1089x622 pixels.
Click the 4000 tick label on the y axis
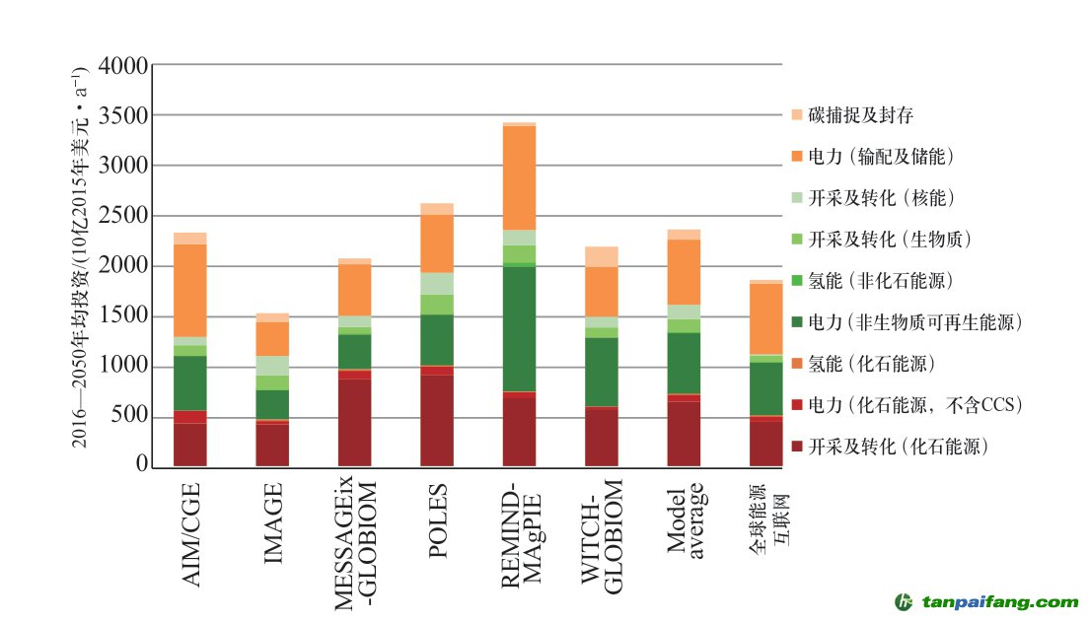[x=123, y=66]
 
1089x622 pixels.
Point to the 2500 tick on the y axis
[x=123, y=217]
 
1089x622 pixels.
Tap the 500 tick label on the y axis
[x=129, y=417]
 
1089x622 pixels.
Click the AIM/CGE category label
[x=191, y=534]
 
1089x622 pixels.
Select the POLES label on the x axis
[x=437, y=520]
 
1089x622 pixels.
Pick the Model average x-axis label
[x=685, y=519]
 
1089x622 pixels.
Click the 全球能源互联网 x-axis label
[x=766, y=515]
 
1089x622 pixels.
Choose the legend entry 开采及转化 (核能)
[x=882, y=198]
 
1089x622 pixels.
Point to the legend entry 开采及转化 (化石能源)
[x=898, y=447]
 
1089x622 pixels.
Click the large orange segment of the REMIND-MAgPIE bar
[x=519, y=177]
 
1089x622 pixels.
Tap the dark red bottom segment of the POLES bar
[x=437, y=420]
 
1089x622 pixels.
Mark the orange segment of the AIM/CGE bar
[x=190, y=290]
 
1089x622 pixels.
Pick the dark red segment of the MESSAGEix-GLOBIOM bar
[x=354, y=422]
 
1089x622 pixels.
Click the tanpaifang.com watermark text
[x=1000, y=602]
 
